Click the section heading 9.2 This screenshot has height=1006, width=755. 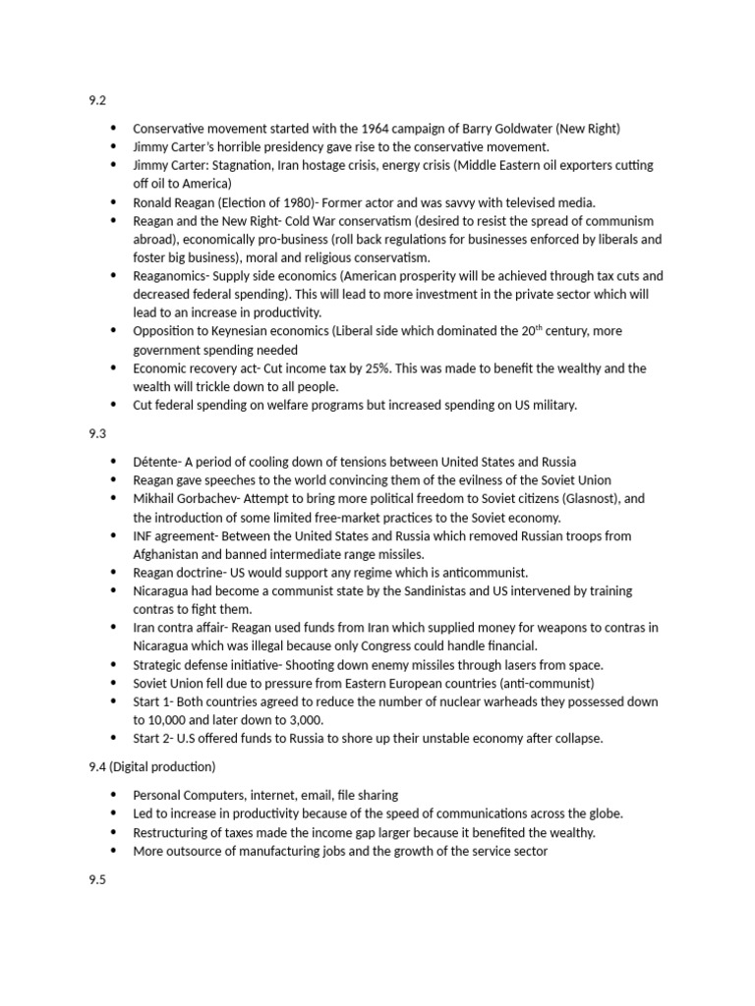(96, 99)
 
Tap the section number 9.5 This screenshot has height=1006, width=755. (96, 879)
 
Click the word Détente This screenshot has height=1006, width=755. (155, 462)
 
